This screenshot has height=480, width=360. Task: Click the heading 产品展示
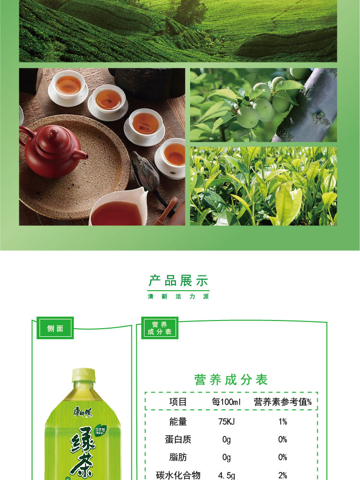179,281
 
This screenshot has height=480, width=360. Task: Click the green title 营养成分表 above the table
231,380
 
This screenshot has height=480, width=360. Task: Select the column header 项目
178,402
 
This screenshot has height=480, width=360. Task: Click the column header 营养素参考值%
283,402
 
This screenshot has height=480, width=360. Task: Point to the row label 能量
178,421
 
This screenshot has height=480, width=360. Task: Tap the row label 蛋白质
178,440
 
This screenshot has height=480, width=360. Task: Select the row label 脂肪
178,457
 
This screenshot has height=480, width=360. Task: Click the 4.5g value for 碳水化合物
226,475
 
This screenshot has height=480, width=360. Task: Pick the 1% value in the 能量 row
283,421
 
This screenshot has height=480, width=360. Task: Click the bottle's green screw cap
84,375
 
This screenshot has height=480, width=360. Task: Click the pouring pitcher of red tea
118,209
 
